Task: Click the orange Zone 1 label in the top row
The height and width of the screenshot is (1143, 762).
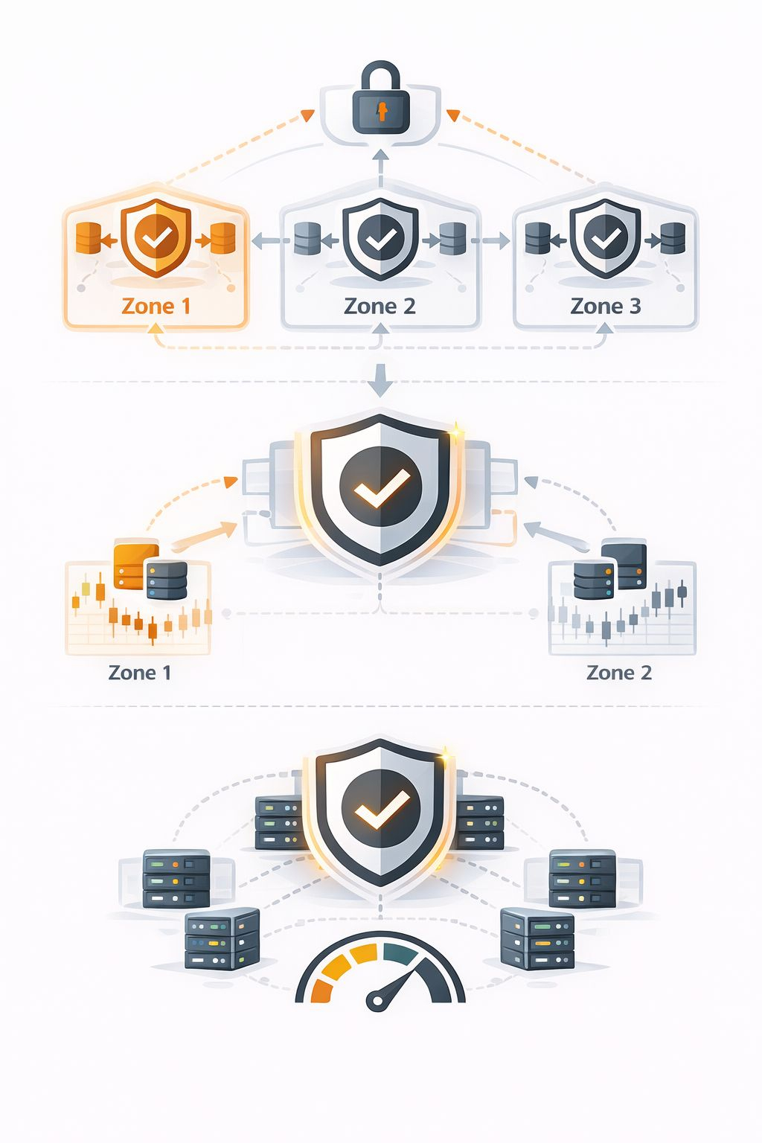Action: pyautogui.click(x=156, y=307)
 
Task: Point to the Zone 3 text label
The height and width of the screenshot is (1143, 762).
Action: pyautogui.click(x=605, y=307)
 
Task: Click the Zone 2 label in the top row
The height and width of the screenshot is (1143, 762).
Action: pyautogui.click(x=380, y=307)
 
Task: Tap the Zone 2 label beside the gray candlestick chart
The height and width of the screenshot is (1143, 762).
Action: pyautogui.click(x=618, y=673)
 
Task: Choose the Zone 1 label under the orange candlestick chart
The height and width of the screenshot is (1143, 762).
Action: pyautogui.click(x=140, y=673)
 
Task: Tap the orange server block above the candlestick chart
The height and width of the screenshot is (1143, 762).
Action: pyautogui.click(x=133, y=566)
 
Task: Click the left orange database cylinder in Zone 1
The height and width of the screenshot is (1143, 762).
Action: pyautogui.click(x=88, y=239)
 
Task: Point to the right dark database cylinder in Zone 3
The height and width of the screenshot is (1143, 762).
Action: pyautogui.click(x=673, y=239)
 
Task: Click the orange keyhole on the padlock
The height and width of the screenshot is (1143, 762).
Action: pyautogui.click(x=382, y=112)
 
